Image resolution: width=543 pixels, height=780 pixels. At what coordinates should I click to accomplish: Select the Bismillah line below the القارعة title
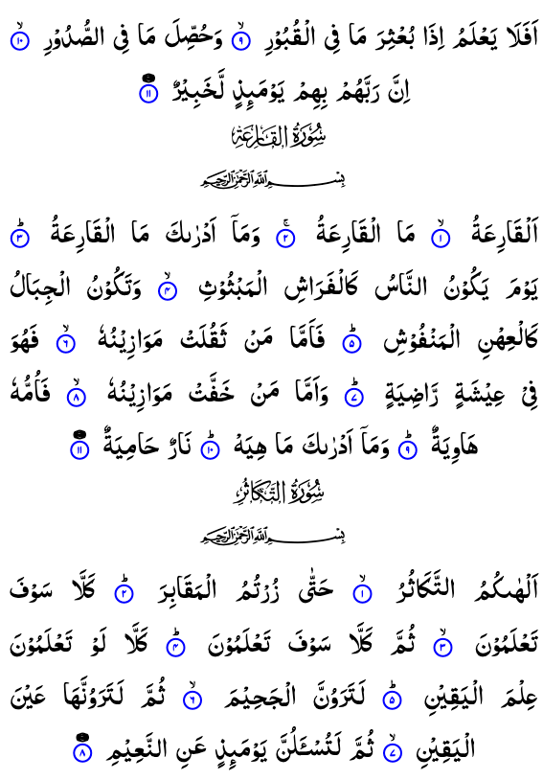[273, 179]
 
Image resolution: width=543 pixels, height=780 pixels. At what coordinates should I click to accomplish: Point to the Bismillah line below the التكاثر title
[273, 536]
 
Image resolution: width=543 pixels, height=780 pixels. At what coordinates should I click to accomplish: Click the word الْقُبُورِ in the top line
[288, 37]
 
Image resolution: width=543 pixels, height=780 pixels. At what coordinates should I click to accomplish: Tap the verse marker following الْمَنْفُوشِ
[352, 342]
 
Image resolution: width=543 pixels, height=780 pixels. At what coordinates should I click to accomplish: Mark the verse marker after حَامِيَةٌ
[80, 448]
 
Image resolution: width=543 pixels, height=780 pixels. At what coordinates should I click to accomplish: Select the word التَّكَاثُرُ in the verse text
[424, 588]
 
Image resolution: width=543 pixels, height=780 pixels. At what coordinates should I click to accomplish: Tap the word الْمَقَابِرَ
[188, 588]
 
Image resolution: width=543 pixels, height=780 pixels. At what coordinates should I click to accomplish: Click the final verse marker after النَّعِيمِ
[82, 751]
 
